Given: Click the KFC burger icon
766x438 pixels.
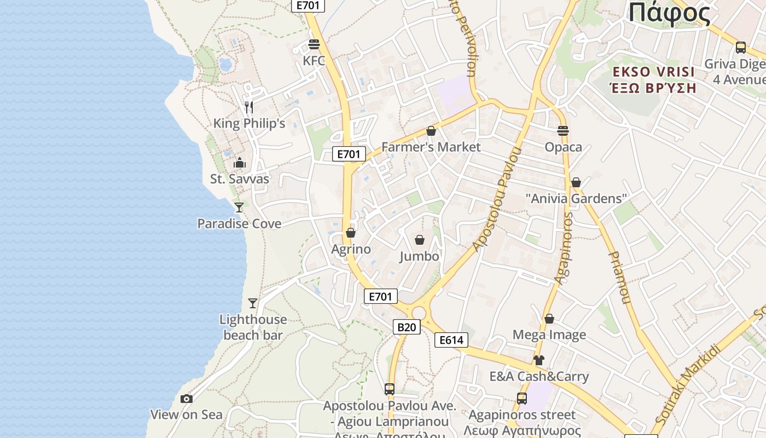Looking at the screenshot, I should point(314,44).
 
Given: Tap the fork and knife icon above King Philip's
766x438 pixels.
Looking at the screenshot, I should point(249,107).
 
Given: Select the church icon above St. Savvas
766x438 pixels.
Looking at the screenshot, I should point(239,163).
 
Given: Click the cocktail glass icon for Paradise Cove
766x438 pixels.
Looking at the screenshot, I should point(239,207).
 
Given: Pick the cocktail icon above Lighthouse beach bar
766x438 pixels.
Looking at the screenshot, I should point(252,303).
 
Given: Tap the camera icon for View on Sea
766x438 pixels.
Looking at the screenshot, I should point(187,399).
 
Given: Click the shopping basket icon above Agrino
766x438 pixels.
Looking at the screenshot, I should point(351,233).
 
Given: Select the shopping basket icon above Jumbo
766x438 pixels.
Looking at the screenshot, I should point(420,240).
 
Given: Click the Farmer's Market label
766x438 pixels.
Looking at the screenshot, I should point(431,147).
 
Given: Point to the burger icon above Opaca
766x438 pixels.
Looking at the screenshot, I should point(563,131).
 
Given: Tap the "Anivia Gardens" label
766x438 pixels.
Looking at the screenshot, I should point(576,198).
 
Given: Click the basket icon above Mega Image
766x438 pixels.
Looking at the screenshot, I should point(549,319).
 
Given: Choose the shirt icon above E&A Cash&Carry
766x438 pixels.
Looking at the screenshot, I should point(539,360).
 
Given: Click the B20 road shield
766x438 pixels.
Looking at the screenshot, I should point(406,327).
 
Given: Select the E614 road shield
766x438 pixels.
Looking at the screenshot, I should point(451,340).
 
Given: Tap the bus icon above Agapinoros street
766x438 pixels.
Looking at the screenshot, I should point(522,399).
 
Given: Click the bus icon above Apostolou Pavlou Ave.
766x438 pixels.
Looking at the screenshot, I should point(390,389).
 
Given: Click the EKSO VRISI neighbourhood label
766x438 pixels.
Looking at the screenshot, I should point(653,72).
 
